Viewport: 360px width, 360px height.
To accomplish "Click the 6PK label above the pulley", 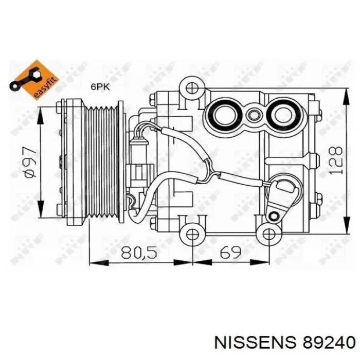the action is point(101,87).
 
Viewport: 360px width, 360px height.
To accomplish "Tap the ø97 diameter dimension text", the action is point(30,163).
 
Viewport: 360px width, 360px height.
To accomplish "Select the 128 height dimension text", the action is point(336,160).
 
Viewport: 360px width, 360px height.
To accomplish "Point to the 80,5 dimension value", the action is point(139,253).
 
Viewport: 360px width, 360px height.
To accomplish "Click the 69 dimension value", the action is point(230,252).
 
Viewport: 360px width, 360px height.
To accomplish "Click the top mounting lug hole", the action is point(191,88).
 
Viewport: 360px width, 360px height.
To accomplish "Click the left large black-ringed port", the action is point(224,115).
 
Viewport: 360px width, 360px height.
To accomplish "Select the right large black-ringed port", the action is point(282,115).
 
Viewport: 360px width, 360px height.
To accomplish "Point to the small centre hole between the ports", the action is point(253,115).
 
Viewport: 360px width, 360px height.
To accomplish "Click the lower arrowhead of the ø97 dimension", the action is point(41,208).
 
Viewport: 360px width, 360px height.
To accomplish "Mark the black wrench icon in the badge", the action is point(25,79).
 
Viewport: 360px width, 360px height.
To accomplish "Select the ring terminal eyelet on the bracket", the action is point(274,215).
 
